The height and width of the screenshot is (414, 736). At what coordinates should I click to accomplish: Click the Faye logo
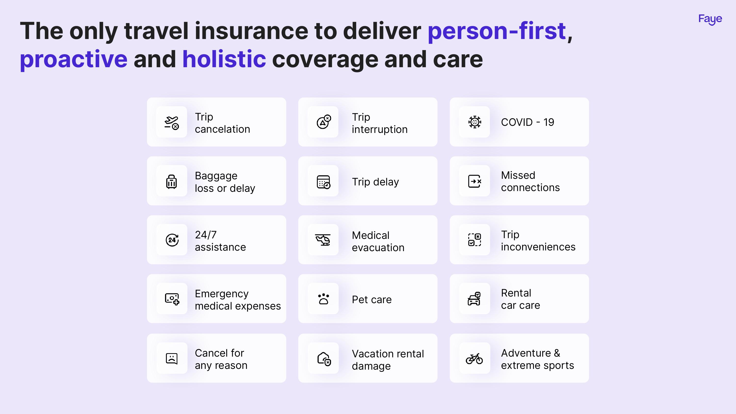coord(710,19)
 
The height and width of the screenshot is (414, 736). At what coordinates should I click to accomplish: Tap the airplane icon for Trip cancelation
coord(171,123)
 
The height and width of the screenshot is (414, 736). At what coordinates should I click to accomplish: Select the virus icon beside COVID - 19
coord(474,122)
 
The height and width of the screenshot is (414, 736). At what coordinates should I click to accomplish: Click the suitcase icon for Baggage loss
coord(171,181)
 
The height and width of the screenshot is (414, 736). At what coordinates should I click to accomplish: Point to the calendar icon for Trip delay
coord(323,182)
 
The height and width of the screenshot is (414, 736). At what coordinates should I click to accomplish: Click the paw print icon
coord(323,299)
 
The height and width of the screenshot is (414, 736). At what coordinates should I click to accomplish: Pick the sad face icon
coord(172,358)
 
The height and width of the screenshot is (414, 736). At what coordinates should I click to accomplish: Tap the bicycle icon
coord(474,359)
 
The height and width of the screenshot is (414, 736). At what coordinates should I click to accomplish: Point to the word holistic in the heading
coord(224,59)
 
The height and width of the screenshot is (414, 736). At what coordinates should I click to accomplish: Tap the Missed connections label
coord(530,181)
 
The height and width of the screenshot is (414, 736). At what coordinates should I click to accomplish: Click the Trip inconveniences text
coord(538,241)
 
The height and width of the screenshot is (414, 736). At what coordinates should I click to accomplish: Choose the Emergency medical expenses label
coord(238,300)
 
